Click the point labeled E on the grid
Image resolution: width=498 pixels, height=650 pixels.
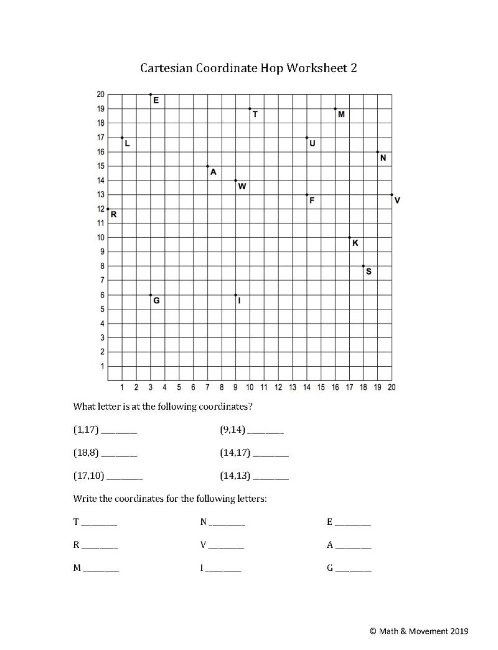pos(151,95)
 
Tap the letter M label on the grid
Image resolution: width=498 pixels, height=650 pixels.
pos(341,115)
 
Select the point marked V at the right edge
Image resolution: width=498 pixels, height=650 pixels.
pos(392,195)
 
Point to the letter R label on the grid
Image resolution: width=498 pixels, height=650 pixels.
pos(114,215)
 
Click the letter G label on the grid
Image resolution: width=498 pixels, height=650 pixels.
pos(156,301)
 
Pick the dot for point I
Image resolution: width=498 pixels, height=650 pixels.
pos(235,294)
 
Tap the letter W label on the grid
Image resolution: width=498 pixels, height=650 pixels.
pos(242,186)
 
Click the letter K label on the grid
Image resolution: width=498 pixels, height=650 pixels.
pos(355,243)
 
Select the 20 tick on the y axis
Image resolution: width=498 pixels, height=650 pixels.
pos(100,95)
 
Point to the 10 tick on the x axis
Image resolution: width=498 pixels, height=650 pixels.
pos(250,387)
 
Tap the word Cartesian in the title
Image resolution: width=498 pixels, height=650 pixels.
pos(167,67)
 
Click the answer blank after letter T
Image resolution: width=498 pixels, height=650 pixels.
pos(99,523)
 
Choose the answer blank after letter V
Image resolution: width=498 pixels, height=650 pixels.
pos(227,547)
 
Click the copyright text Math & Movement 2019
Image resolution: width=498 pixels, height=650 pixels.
pos(419,631)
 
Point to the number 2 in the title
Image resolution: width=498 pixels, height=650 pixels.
pos(354,67)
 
